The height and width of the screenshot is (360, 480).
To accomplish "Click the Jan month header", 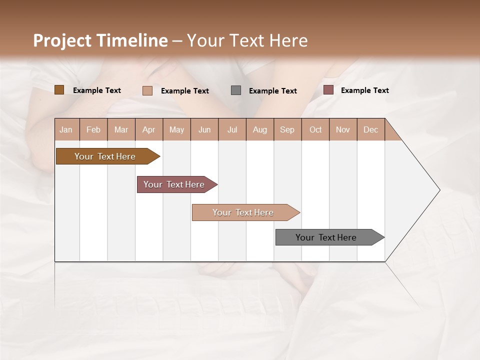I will (x=66, y=129).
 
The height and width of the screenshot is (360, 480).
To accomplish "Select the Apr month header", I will (x=149, y=129).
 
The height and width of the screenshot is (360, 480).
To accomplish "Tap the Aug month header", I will (x=260, y=129).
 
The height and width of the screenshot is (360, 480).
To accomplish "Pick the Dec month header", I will (x=370, y=129).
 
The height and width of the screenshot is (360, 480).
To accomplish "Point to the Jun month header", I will (x=204, y=129).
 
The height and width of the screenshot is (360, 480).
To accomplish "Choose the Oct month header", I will (x=315, y=129).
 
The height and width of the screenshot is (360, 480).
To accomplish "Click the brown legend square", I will (x=59, y=90).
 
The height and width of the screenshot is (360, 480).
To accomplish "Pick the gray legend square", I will (x=236, y=90).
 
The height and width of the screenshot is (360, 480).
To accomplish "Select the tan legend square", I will (x=147, y=90).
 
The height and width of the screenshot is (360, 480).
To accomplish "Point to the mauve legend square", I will (x=328, y=90).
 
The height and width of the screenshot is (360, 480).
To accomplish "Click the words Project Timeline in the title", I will (x=100, y=40).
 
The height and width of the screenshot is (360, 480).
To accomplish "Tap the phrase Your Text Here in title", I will (x=247, y=40).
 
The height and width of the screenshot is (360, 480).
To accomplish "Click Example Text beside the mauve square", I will (x=364, y=90).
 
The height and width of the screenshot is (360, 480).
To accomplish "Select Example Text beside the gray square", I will (x=272, y=91).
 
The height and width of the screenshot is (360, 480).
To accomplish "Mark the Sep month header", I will (x=287, y=129).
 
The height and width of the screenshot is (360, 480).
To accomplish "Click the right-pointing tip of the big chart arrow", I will (x=438, y=190).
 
